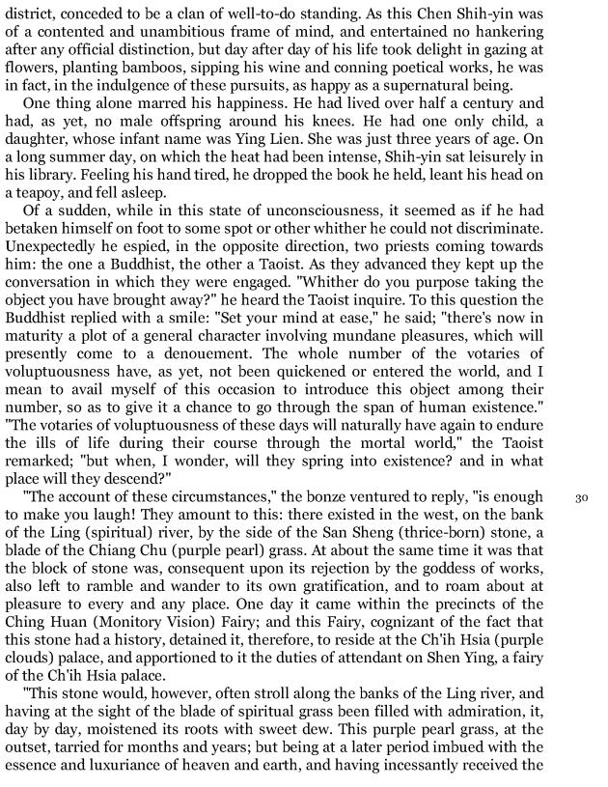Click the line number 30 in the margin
pyautogui.click(x=581, y=499)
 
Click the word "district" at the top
pyautogui.click(x=26, y=13)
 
